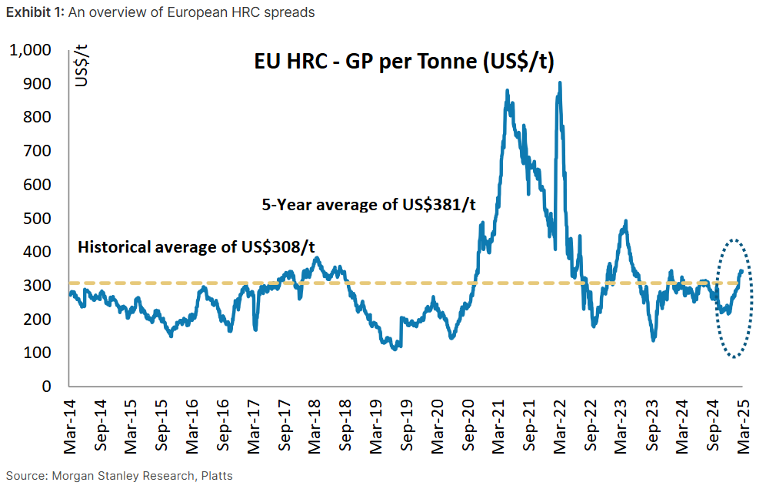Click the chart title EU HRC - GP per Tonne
405,62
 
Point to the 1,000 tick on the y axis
31,50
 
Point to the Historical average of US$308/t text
198,248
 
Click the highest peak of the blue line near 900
560,83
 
